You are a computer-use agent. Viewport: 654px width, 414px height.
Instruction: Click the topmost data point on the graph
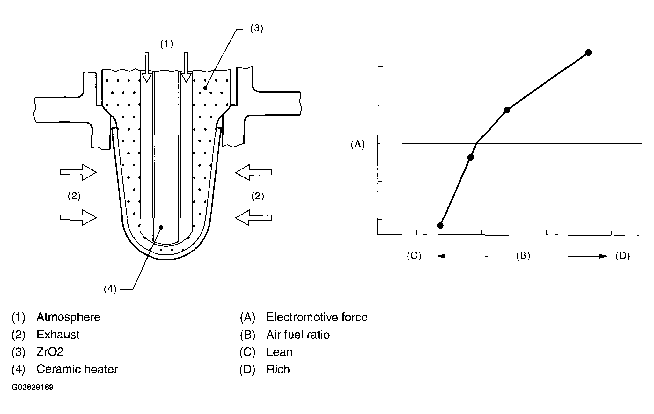588,52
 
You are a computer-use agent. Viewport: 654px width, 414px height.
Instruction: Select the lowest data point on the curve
440,225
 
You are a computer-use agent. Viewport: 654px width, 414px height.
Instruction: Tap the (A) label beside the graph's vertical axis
357,145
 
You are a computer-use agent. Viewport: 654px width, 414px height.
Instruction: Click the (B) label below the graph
523,256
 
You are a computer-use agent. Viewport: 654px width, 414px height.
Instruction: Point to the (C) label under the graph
414,256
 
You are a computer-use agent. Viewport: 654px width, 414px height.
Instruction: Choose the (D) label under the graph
622,256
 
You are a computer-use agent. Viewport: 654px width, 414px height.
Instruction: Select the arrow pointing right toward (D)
582,256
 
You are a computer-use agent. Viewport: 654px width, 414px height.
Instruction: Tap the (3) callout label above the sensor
256,28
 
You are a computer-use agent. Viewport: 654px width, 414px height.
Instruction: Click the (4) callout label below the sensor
110,289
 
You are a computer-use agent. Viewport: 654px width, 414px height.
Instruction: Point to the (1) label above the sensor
166,44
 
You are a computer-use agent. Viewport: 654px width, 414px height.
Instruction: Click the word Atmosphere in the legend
69,317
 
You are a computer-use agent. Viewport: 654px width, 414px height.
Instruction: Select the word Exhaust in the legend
58,335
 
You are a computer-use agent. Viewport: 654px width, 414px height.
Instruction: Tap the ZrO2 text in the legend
50,352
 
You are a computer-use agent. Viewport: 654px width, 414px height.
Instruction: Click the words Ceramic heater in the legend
77,369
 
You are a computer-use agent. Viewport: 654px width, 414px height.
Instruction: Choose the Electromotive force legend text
317,317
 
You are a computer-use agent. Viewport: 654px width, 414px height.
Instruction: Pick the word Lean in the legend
279,352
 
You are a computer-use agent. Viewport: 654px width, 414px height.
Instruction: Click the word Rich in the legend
278,369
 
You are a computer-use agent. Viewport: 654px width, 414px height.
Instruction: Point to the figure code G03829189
33,388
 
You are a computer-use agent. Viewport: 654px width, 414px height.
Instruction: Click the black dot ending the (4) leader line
161,227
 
